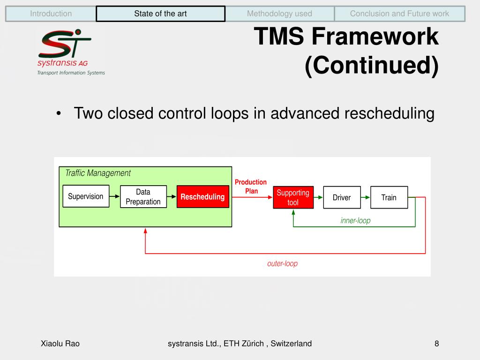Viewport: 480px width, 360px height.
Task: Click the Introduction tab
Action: click(x=51, y=14)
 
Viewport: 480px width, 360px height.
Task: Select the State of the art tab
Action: click(x=160, y=14)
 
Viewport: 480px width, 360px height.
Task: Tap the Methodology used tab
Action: click(x=279, y=14)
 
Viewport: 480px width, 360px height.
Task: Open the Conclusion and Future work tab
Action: click(x=399, y=14)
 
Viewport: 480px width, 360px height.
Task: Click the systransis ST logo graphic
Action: click(x=64, y=44)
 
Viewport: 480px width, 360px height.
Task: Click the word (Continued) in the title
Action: click(x=372, y=66)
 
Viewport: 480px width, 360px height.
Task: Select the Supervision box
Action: click(x=86, y=196)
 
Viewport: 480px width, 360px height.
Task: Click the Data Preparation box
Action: click(x=143, y=197)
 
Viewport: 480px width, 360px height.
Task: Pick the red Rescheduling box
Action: click(x=202, y=197)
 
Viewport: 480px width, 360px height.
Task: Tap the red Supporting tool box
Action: click(x=293, y=197)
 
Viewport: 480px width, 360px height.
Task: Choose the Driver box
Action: click(x=342, y=197)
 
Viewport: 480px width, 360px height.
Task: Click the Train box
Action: click(x=389, y=197)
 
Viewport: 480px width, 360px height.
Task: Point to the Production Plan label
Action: click(x=251, y=187)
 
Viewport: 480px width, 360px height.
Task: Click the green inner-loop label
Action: click(x=355, y=220)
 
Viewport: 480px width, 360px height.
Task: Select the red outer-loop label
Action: click(x=282, y=263)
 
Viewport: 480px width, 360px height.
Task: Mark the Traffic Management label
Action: click(x=97, y=173)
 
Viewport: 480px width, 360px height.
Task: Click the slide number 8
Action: click(x=436, y=344)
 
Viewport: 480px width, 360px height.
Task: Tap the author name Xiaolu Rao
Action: click(x=60, y=344)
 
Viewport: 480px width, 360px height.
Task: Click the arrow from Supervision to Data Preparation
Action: click(x=114, y=196)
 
